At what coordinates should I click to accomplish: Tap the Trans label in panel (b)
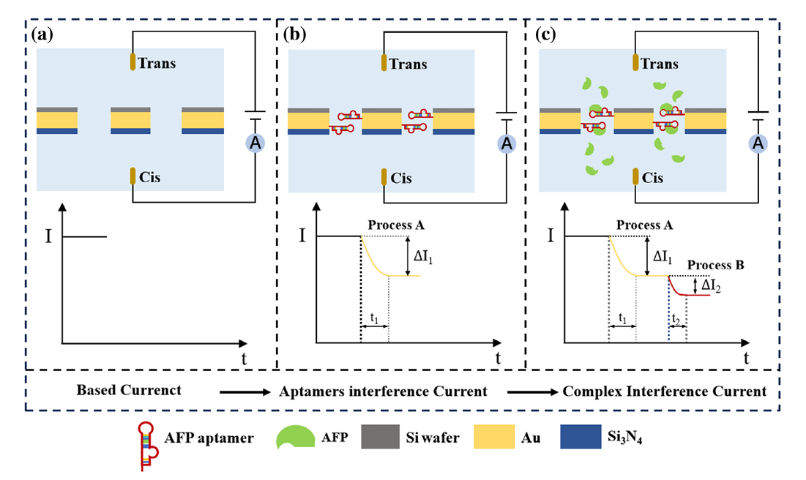(x=409, y=63)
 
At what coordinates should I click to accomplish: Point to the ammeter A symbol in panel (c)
(x=759, y=145)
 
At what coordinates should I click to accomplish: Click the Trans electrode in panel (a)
(x=133, y=62)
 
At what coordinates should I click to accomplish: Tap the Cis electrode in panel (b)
(x=383, y=178)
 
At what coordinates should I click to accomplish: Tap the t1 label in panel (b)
(x=373, y=319)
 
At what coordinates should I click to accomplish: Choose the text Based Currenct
(x=129, y=390)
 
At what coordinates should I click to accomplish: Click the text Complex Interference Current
(x=665, y=391)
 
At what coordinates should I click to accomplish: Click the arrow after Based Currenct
(x=245, y=391)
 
